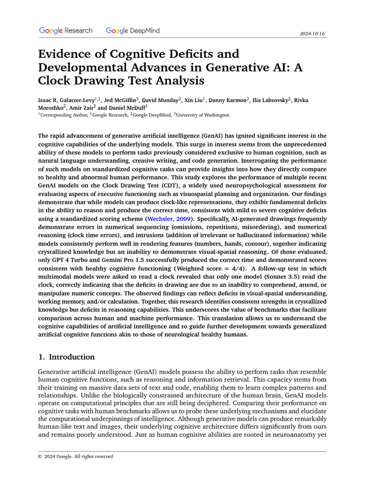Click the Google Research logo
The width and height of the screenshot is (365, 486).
click(66, 31)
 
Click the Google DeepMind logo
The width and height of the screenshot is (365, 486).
click(133, 31)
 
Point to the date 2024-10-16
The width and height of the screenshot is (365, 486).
click(312, 34)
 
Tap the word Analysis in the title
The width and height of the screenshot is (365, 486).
click(174, 81)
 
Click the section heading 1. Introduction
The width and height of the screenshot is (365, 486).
click(67, 357)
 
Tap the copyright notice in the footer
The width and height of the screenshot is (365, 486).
click(76, 456)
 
